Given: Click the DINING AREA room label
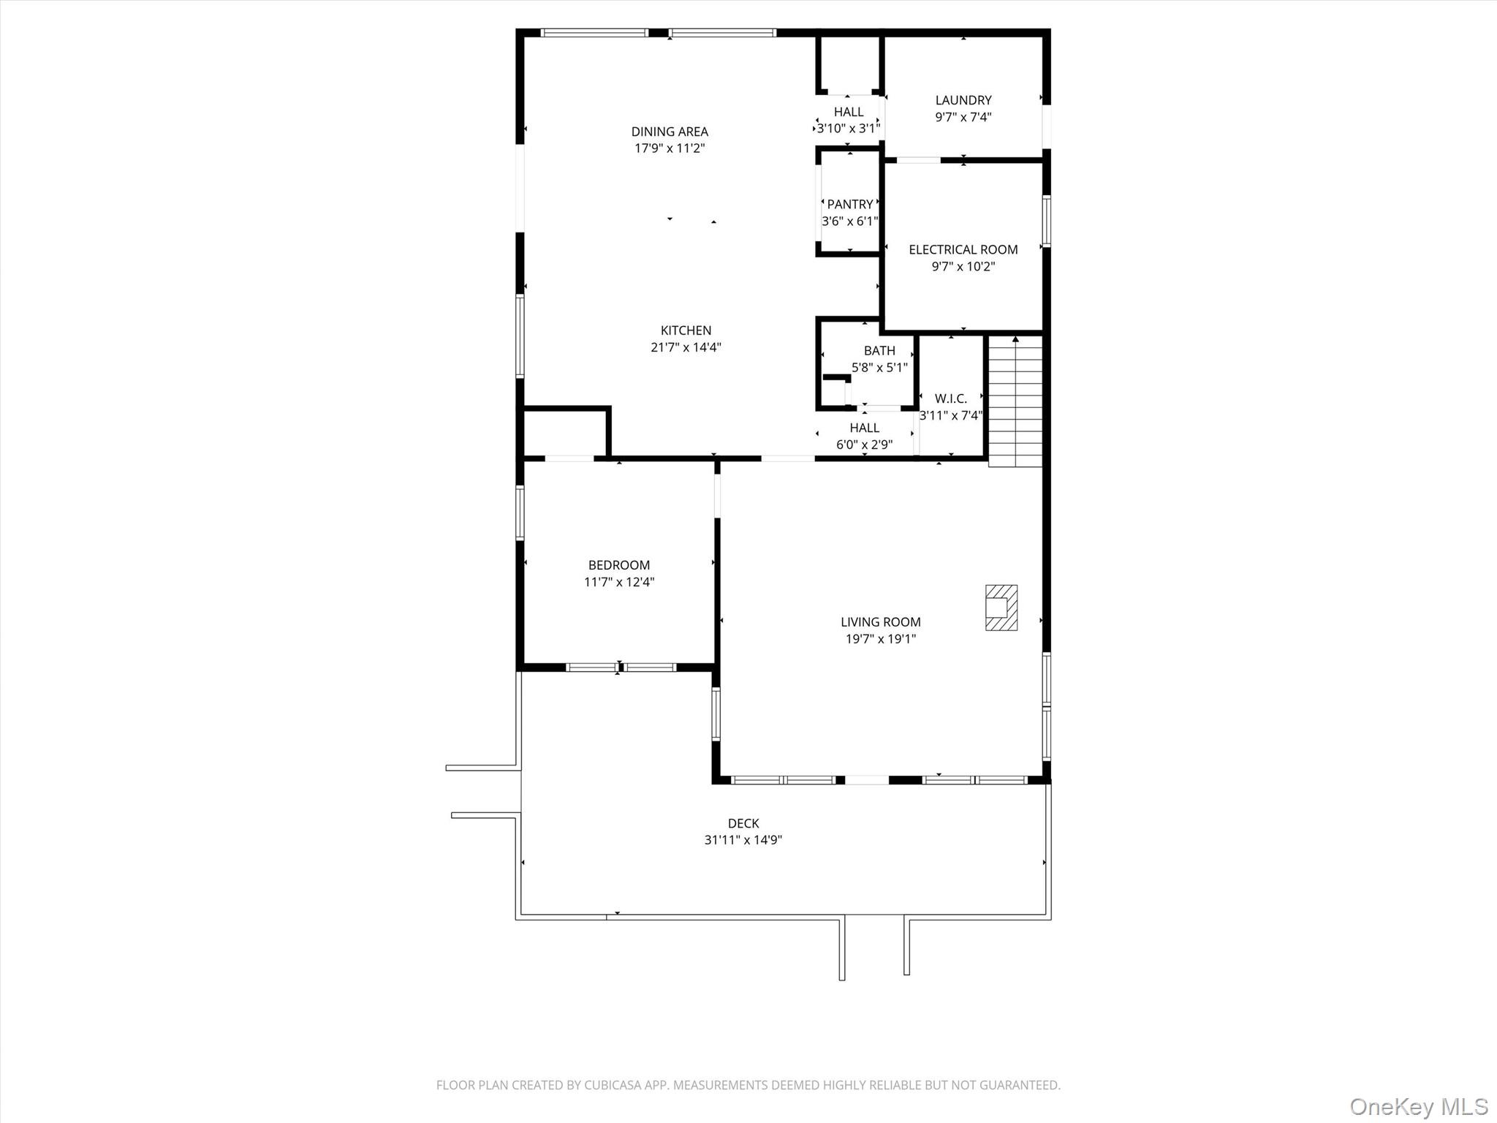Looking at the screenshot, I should [670, 132].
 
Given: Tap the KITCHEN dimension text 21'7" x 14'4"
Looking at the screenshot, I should [686, 347].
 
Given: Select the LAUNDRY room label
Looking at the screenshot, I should [963, 100].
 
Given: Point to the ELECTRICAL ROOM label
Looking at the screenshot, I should [963, 249].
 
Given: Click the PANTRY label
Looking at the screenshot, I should [849, 205].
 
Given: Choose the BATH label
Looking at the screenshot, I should [879, 351].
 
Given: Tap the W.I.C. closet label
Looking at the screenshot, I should [950, 398].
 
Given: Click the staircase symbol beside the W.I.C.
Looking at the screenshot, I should [1015, 402].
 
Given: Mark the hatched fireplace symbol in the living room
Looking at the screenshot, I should [1001, 608].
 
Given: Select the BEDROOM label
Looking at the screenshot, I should [618, 565].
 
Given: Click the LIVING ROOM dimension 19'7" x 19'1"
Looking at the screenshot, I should [880, 639].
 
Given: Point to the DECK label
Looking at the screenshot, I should [743, 823].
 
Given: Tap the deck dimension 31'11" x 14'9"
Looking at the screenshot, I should [743, 840].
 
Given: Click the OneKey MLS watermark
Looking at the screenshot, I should [1418, 1106].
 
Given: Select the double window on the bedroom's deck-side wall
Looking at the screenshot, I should [620, 667].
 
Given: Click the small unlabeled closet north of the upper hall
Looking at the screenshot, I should [848, 64].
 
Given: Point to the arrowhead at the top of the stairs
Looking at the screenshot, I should [1015, 339].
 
